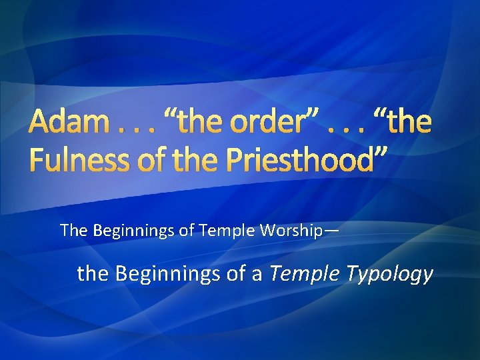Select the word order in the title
click(x=257, y=123)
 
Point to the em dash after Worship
click(x=332, y=231)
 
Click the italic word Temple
click(x=301, y=274)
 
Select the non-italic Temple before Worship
click(x=234, y=231)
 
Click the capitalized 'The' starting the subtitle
click(x=73, y=231)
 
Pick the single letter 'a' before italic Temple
click(x=256, y=274)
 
